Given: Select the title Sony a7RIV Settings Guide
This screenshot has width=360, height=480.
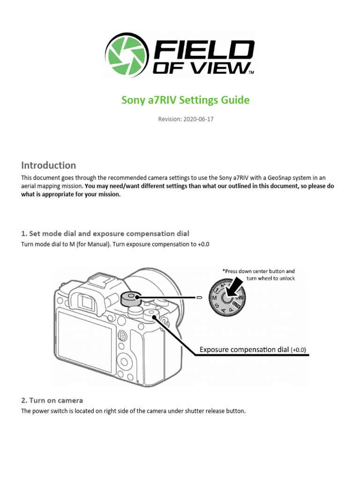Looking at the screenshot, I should click(x=186, y=100).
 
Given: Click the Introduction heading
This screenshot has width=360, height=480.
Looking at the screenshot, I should click(x=49, y=165).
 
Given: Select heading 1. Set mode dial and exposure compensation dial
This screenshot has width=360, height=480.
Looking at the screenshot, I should click(x=105, y=233).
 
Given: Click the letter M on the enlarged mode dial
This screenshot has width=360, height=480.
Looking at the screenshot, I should click(x=214, y=298).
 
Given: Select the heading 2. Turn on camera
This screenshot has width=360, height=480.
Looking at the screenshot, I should click(x=52, y=400).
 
